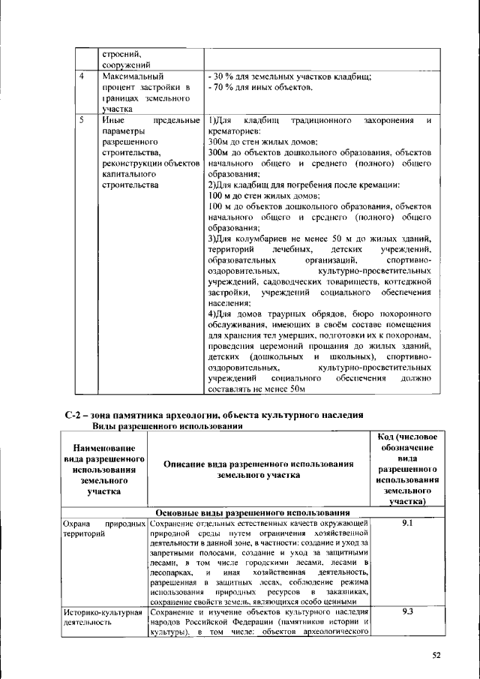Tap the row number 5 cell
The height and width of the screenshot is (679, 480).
(x=81, y=119)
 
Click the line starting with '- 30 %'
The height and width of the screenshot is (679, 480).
(x=289, y=76)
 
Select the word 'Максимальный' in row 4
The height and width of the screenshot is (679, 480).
(x=132, y=76)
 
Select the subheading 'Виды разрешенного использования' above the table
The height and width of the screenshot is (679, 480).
(x=167, y=426)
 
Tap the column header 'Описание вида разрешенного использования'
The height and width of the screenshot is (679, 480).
(x=259, y=470)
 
